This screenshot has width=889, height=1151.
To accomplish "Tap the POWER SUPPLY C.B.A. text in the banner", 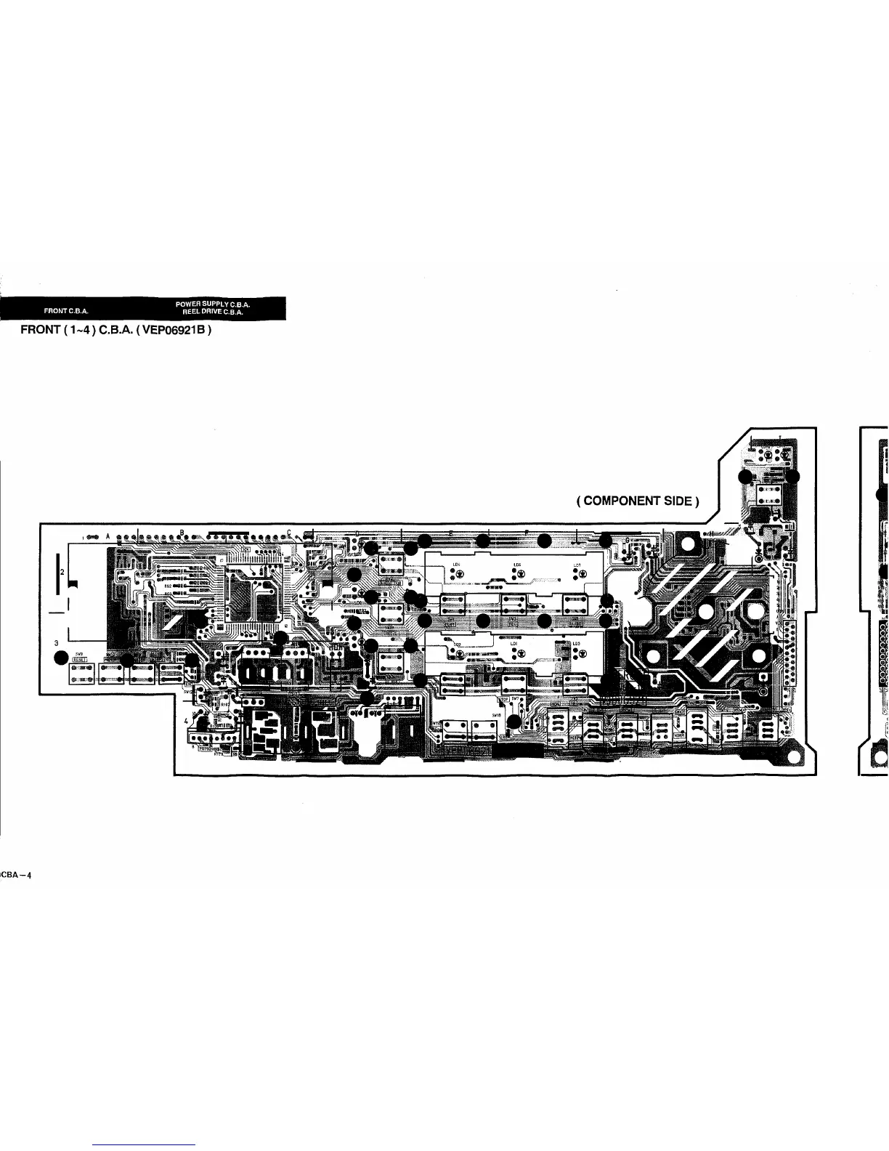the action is (213, 304).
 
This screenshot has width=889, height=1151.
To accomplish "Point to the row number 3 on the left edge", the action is (56, 642).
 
